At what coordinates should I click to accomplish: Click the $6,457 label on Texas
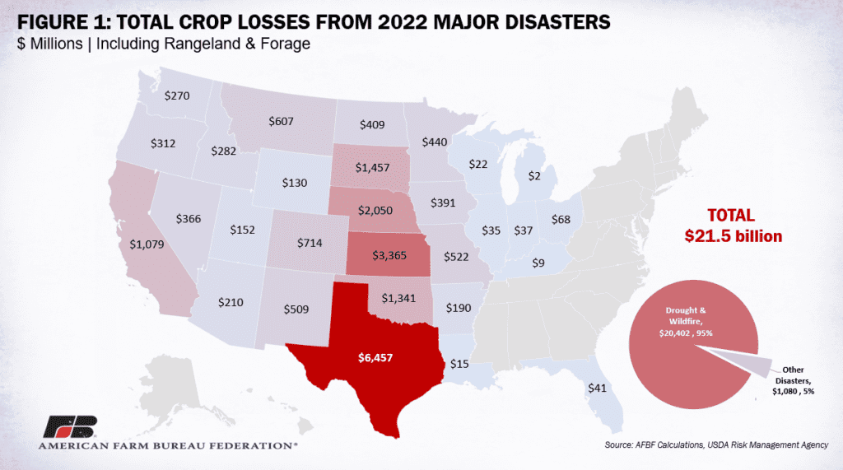tap(376, 358)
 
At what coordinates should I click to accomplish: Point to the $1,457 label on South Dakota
tap(375, 167)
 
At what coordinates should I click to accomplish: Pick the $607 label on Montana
tap(282, 121)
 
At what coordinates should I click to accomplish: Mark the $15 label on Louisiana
tap(460, 364)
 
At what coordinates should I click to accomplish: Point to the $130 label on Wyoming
tap(295, 182)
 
